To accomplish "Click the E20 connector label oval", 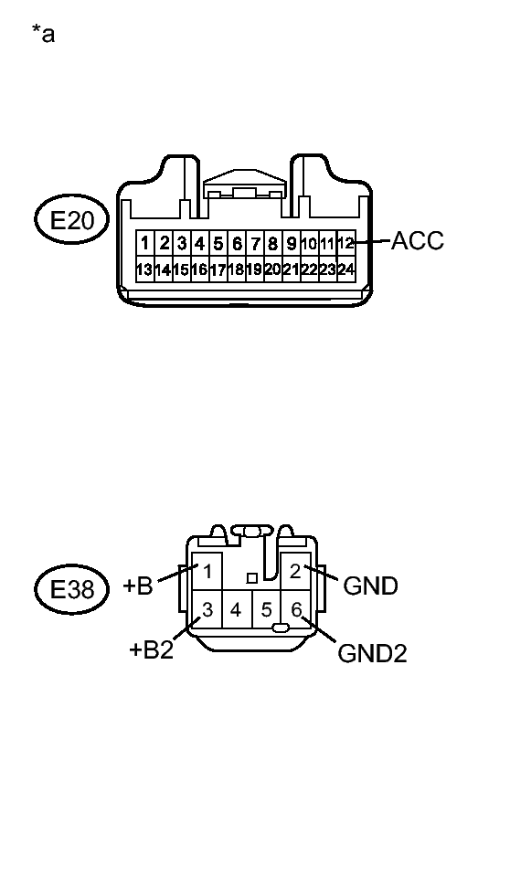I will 71,220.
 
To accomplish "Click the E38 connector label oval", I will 71,589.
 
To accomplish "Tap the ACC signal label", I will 418,241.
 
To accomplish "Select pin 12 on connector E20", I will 345,244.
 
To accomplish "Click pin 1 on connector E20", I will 146,244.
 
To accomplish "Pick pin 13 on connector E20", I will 144,269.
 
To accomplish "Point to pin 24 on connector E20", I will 345,269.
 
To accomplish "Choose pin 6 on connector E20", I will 237,244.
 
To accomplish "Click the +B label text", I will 138,586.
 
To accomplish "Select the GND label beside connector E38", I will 370,586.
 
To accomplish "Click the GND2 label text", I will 372,653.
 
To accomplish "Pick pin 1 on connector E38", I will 208,572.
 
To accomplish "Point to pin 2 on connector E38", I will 295,572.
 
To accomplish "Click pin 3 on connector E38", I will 207,608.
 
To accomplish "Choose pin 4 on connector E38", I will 236,608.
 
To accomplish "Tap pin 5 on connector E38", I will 266,608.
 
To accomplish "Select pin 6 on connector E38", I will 295,608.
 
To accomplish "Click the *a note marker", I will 42,36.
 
